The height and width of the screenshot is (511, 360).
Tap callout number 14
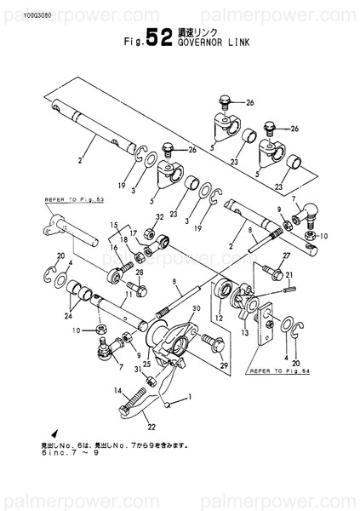click(x=112, y=390)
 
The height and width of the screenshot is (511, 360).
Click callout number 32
click(x=160, y=217)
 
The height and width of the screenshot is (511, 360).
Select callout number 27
click(x=286, y=255)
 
